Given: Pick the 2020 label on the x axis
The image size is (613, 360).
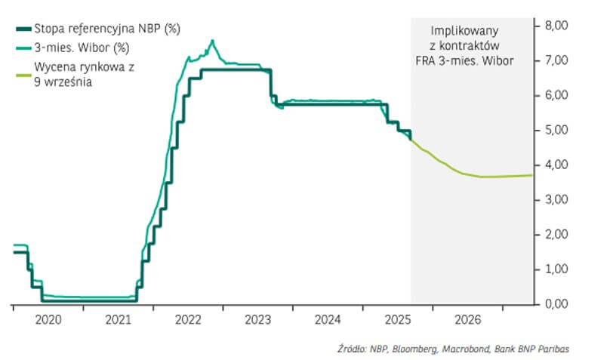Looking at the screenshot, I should pos(48,320).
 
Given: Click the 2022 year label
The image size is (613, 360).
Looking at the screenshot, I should pos(188,320).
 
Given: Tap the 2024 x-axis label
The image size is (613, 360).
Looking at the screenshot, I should pos(328,320).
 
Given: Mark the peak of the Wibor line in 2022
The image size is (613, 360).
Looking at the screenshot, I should pos(212,40).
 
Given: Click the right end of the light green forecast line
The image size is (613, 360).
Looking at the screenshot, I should pos(531,175).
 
